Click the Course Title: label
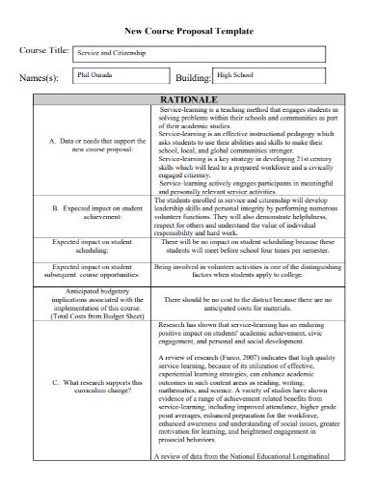45,51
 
